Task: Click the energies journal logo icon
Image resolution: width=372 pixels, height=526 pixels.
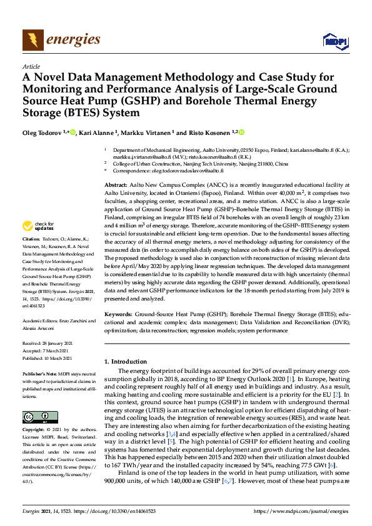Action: [x=33, y=41]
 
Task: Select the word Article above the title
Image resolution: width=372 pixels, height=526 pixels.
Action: [x=31, y=66]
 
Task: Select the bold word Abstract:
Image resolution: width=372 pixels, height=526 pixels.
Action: [x=116, y=186]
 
